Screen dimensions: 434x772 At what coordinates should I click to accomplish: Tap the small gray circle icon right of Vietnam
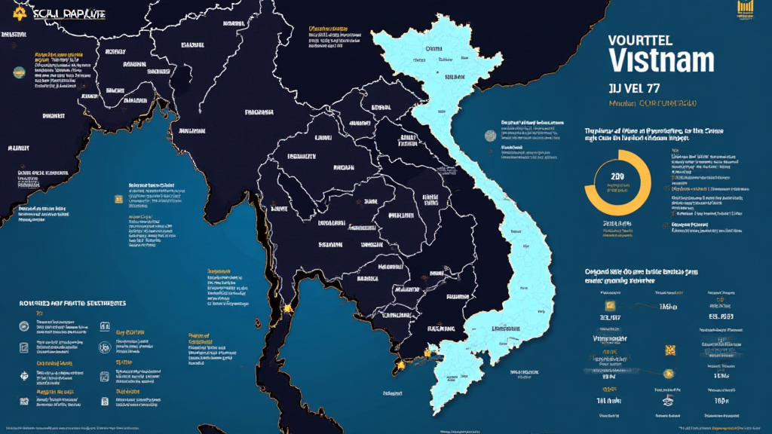490,136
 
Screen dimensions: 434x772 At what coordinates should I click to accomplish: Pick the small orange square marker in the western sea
118,199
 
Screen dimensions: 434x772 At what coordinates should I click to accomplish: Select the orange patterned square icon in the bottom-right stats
669,350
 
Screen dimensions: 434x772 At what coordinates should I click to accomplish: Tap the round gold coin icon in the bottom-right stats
666,374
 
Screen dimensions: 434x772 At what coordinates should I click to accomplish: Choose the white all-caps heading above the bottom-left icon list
72,303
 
